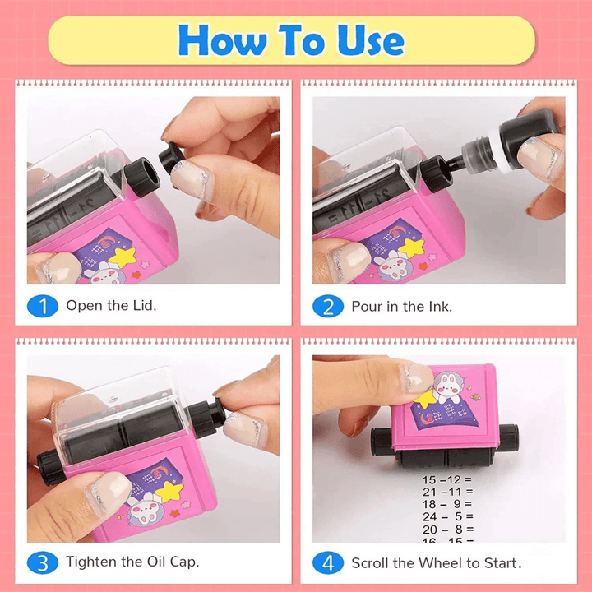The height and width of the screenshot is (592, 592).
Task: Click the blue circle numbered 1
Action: (x=43, y=307)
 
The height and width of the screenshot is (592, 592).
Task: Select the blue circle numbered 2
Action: (x=327, y=307)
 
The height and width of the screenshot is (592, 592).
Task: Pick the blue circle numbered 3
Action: (x=43, y=562)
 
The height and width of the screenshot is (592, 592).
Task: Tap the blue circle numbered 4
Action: (x=327, y=562)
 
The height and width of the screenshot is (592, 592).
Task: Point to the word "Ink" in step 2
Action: (x=437, y=307)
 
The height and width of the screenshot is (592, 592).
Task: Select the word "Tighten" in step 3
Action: (x=92, y=562)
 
